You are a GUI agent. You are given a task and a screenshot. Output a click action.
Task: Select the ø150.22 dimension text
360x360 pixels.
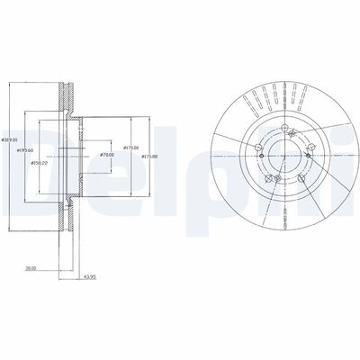[40, 162]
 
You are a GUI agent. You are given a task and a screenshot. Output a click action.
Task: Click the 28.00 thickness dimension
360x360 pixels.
[31, 267]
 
